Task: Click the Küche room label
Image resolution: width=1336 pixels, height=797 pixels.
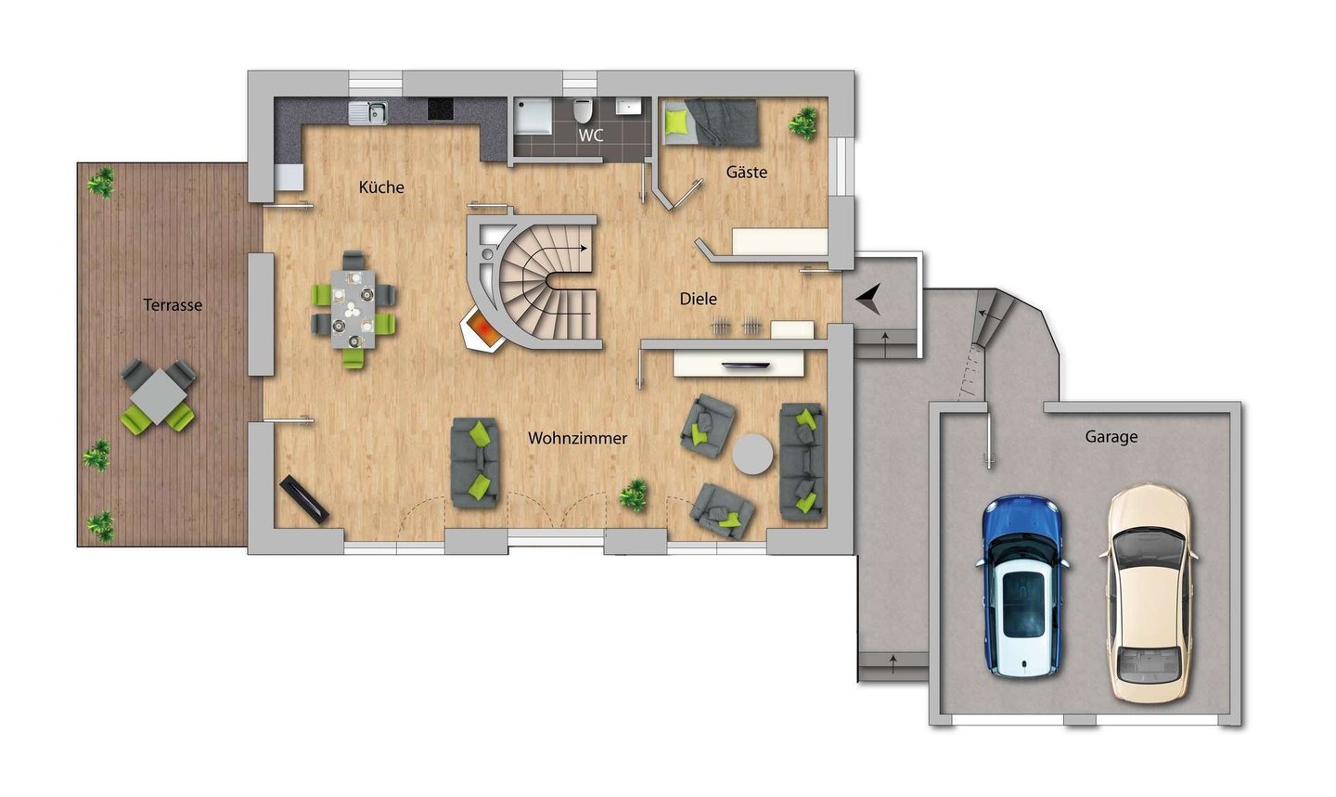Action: click(x=381, y=187)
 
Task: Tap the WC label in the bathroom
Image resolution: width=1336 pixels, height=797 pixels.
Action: click(x=590, y=135)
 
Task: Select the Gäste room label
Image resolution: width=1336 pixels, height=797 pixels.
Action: click(x=746, y=173)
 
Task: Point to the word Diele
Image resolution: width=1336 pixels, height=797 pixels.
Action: click(x=698, y=299)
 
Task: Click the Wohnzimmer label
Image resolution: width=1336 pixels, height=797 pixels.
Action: click(x=577, y=439)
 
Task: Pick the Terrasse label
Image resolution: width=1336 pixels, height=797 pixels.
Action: click(x=173, y=305)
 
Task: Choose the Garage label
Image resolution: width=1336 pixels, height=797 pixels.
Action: click(x=1111, y=437)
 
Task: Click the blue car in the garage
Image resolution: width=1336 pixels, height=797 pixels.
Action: click(x=1021, y=586)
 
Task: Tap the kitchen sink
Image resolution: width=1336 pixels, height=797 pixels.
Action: click(x=368, y=113)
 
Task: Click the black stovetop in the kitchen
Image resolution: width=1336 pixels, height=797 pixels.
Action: click(x=440, y=109)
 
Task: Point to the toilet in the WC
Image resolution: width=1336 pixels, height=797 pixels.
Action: click(x=582, y=111)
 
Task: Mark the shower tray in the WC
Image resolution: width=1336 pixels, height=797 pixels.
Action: click(x=533, y=116)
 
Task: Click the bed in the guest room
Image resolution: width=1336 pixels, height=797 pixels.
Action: click(x=711, y=122)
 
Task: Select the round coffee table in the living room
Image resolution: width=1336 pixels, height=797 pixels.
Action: click(x=752, y=455)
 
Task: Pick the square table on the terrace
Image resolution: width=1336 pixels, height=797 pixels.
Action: click(x=158, y=396)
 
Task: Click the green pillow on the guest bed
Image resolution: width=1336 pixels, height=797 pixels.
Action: click(x=677, y=122)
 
